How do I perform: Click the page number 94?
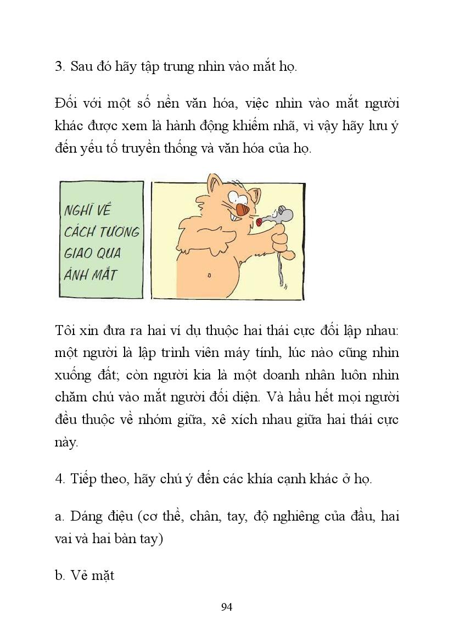[227, 607]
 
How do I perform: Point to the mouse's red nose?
[259, 222]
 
